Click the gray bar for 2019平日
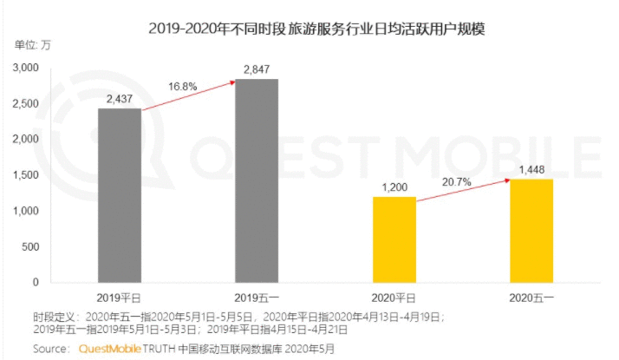(x=120, y=195)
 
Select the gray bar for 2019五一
(x=257, y=181)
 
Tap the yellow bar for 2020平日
(x=394, y=240)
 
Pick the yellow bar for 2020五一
(x=531, y=231)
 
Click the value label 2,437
(x=120, y=99)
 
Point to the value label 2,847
(x=257, y=69)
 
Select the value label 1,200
(x=394, y=187)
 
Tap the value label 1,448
(x=531, y=170)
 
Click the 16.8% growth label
(x=182, y=87)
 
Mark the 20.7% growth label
(x=456, y=182)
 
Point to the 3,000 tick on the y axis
(x=26, y=68)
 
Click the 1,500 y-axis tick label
(x=26, y=175)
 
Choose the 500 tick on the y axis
(x=30, y=247)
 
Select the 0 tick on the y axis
(x=36, y=282)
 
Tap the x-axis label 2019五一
(x=257, y=298)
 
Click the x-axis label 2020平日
(x=394, y=298)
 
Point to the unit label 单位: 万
(x=33, y=45)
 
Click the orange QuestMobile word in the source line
(x=110, y=349)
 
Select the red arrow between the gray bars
(x=188, y=95)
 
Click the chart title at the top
(x=316, y=29)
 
